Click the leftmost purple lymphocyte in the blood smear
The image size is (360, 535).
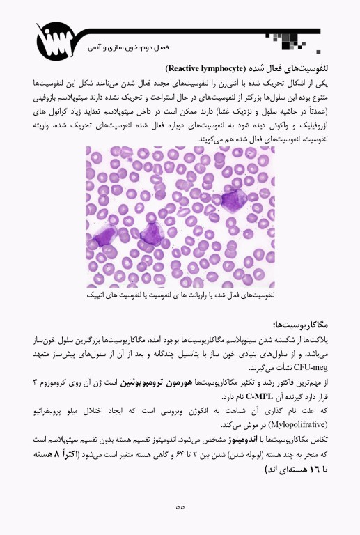(106, 237)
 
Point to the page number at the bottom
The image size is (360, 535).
(180, 506)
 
